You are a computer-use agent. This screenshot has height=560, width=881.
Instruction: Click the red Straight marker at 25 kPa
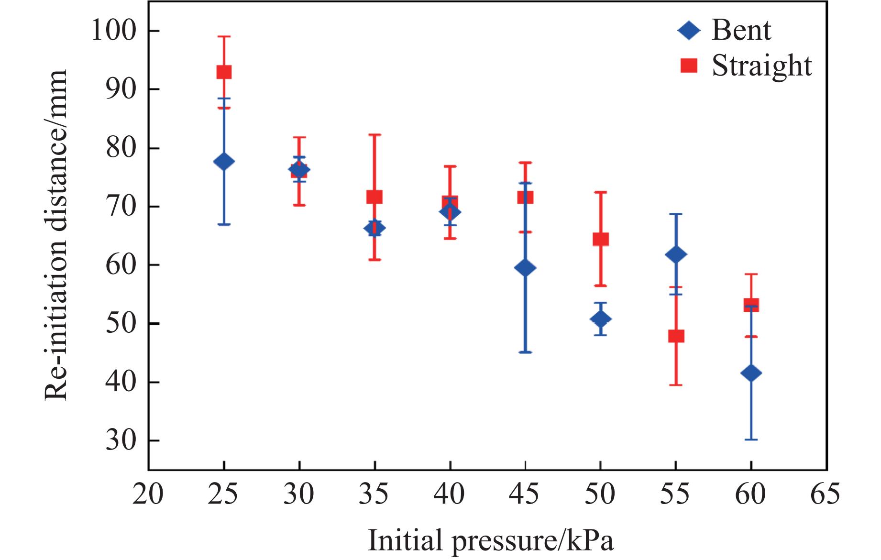coord(224,72)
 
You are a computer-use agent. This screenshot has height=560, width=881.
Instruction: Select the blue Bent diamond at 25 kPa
coord(224,162)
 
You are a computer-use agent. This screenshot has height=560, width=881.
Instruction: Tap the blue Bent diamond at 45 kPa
coord(525,268)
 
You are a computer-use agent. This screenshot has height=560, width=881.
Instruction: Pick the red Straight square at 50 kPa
coord(601,239)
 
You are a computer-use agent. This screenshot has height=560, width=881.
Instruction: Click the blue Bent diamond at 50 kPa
coord(601,318)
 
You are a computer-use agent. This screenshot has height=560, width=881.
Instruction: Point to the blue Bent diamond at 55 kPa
coord(676,254)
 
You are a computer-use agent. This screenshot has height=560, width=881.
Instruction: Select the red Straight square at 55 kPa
coord(676,336)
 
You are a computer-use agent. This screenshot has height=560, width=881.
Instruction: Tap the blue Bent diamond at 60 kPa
coord(751,373)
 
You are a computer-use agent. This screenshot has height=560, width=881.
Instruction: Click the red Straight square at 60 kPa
coord(751,305)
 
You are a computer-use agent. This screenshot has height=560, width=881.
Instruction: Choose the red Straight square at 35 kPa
coord(374,197)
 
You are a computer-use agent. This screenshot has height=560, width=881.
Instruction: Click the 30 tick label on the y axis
coord(121,440)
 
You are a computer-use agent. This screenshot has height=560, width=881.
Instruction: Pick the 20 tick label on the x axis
coord(148,494)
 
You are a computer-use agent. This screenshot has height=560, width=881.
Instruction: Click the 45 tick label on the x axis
coord(525,494)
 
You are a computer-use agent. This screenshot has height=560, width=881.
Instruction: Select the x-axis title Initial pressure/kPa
coord(490,541)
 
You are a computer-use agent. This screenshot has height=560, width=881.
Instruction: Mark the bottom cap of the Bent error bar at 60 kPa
coord(751,439)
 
